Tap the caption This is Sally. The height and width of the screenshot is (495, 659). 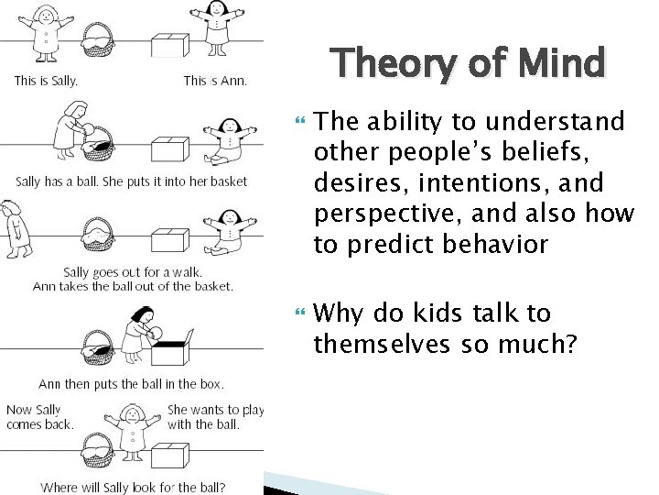pos(46,81)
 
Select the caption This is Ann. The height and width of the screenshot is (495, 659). pos(214,81)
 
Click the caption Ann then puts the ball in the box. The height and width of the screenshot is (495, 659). pos(131,383)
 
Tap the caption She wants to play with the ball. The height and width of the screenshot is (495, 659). pos(215,416)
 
